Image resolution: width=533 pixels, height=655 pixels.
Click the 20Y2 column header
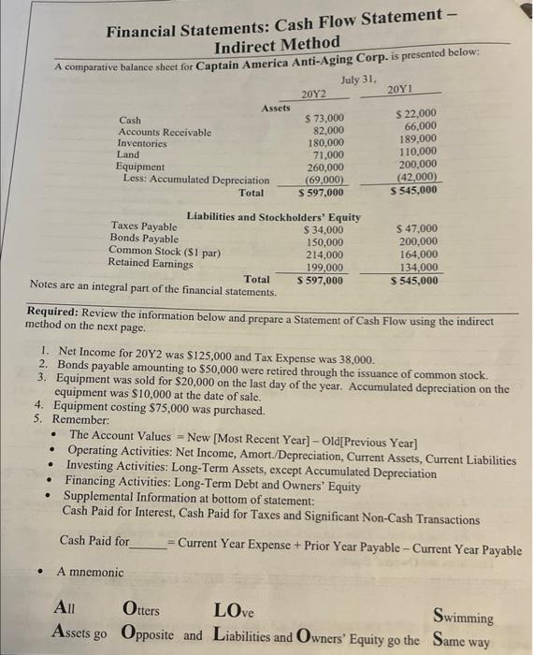pos(314,95)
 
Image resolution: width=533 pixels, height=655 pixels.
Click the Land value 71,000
pos(327,155)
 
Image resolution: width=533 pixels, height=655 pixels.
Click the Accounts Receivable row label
pos(165,133)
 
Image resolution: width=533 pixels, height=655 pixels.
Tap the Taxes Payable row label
pos(144,226)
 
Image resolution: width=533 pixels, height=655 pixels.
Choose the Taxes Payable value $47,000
pos(416,228)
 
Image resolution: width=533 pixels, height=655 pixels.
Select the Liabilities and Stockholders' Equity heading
pos(273,217)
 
